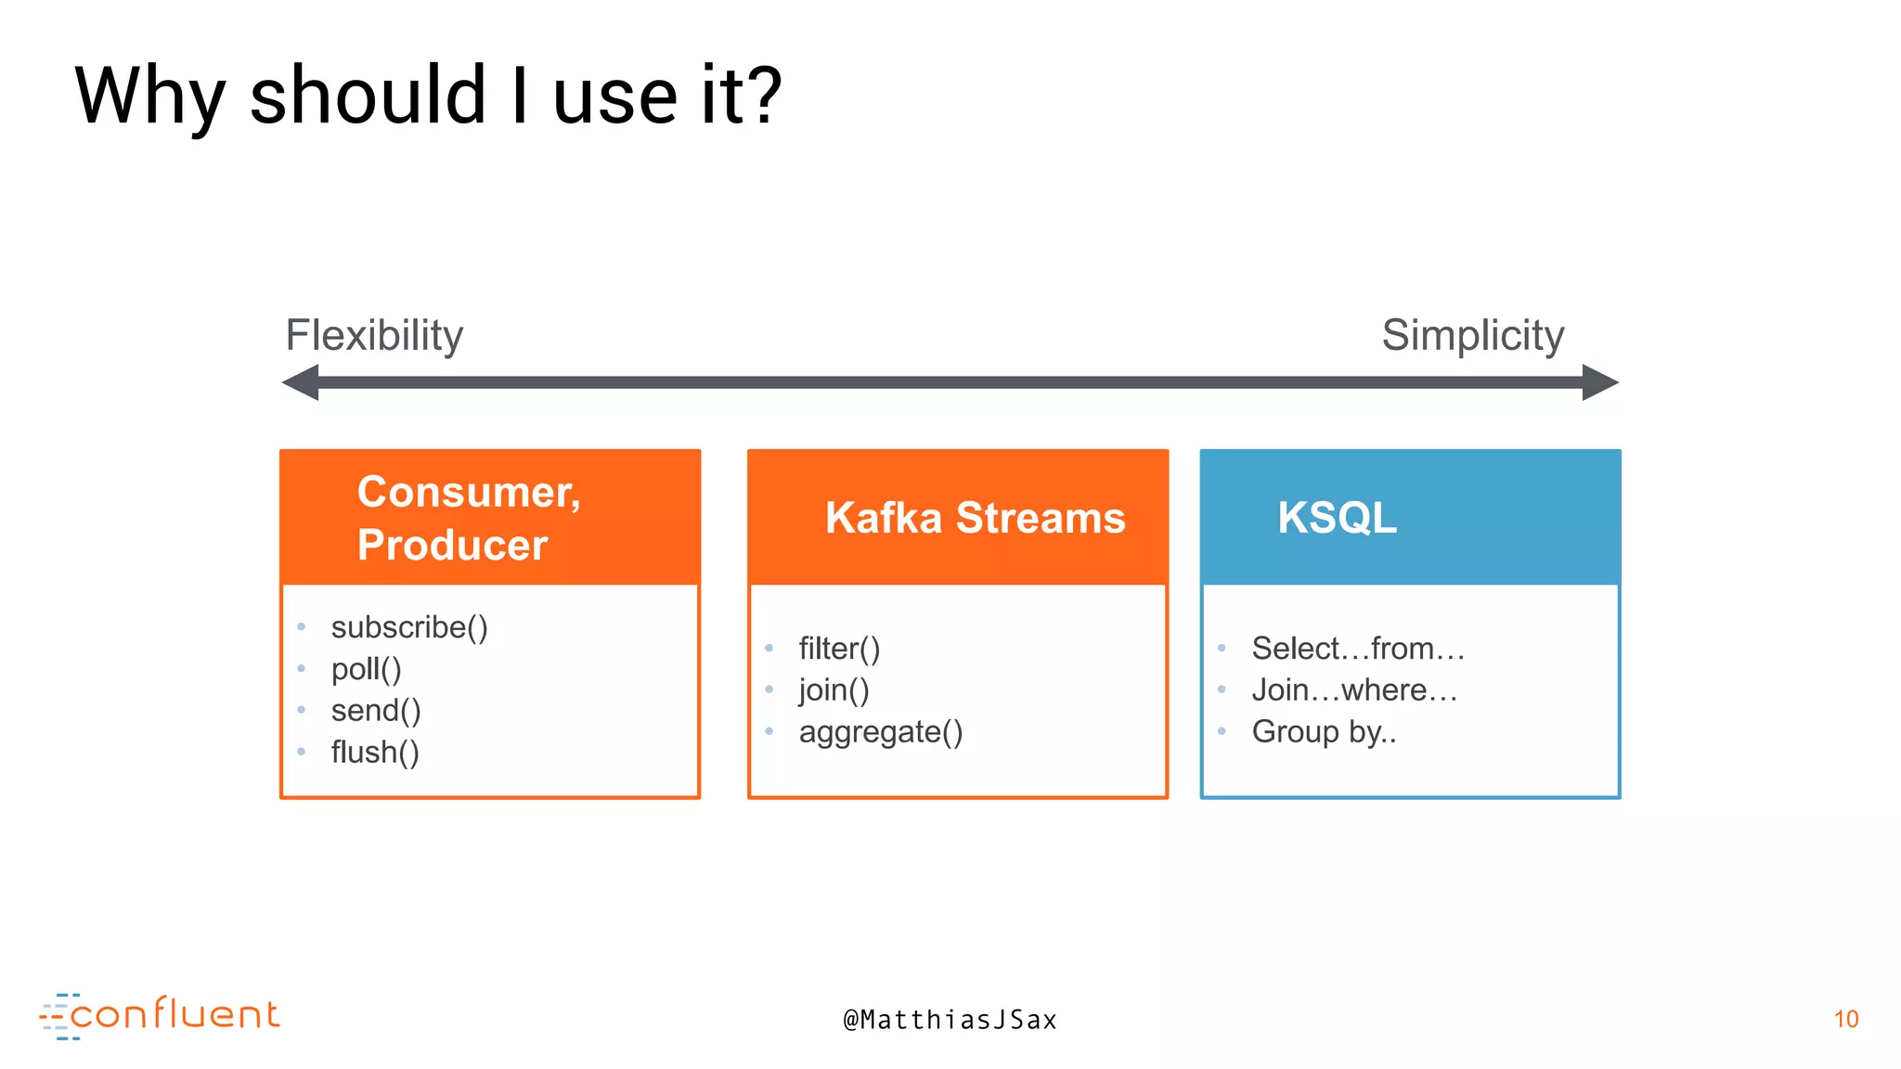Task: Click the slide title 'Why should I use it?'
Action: click(x=428, y=96)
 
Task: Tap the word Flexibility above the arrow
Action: click(x=374, y=335)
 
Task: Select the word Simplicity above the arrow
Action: click(x=1472, y=335)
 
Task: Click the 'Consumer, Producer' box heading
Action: click(x=469, y=518)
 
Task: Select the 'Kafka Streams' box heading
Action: click(x=975, y=518)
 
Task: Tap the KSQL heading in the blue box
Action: click(x=1337, y=518)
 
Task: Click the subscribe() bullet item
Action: click(x=409, y=627)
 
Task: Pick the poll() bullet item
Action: click(x=366, y=669)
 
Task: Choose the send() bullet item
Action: click(x=376, y=711)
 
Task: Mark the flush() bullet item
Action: click(x=375, y=753)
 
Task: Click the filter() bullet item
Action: click(x=839, y=649)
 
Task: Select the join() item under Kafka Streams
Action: click(x=834, y=690)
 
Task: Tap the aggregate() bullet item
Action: click(x=880, y=732)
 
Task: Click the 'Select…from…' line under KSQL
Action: click(x=1358, y=649)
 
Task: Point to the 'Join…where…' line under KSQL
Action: click(x=1354, y=690)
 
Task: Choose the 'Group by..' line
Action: click(x=1324, y=732)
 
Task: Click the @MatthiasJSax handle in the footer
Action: click(x=950, y=1020)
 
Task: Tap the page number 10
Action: click(x=1845, y=1019)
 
